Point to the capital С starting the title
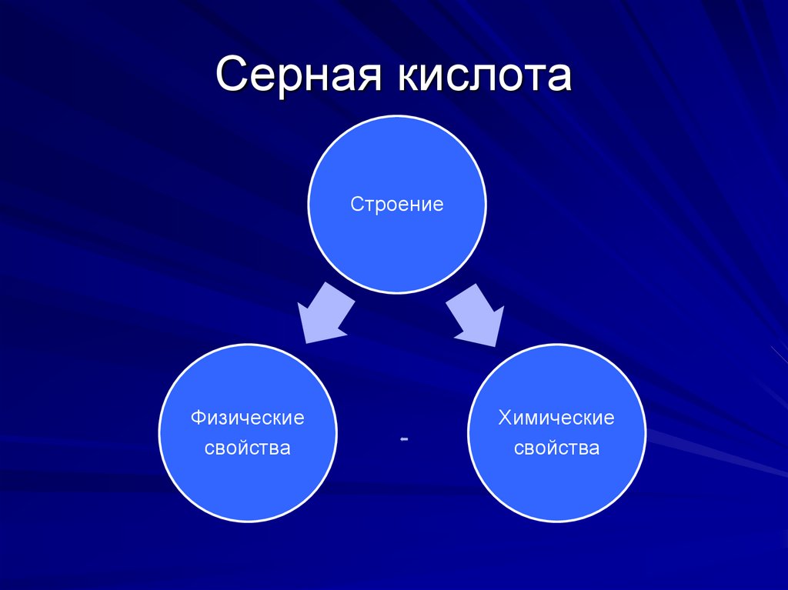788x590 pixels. point(232,77)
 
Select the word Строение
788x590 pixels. point(397,205)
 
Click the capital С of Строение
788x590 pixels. point(356,205)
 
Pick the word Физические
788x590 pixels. point(248,418)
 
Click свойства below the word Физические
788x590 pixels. point(248,448)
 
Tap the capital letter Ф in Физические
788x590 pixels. point(198,418)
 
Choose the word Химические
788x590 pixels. point(556,418)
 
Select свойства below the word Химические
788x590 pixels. point(556,448)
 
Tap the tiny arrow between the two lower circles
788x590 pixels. point(403,438)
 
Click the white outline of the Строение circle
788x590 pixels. point(397,116)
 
